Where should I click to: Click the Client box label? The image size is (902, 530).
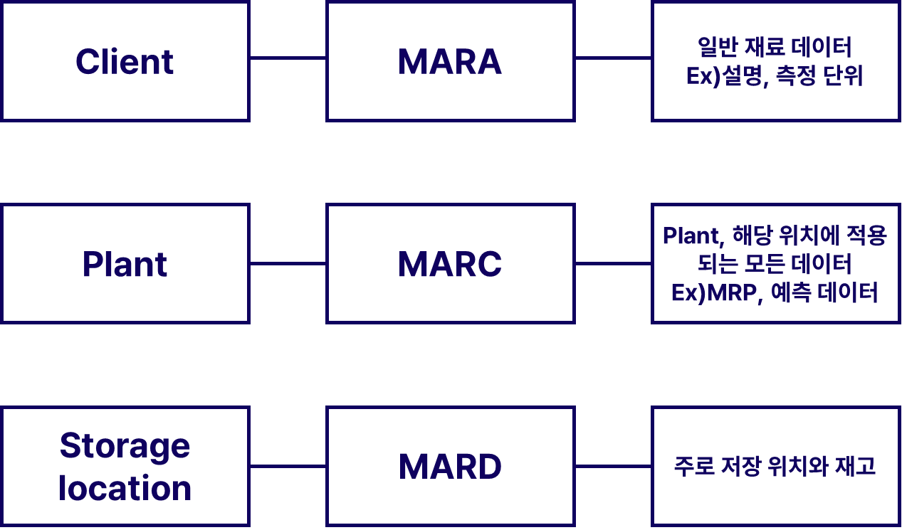coord(125,62)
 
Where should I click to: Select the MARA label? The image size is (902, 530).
coord(450,62)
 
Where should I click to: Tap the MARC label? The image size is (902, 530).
coord(450,265)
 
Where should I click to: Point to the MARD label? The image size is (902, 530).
coord(450,467)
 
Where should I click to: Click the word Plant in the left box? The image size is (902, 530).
coord(125,265)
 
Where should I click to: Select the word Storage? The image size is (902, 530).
coord(125,446)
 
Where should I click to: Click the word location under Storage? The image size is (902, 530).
coord(125,489)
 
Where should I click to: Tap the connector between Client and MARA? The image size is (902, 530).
coord(288,58)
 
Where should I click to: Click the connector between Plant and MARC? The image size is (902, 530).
coord(288,263)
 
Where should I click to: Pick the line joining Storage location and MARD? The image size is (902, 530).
coord(288,467)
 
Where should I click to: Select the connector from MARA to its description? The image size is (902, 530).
coord(613,58)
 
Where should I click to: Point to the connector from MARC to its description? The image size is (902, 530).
coord(613,263)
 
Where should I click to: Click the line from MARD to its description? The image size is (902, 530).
coord(613,467)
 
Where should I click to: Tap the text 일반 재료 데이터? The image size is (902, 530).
coord(775,48)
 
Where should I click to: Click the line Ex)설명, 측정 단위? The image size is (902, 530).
coord(775,76)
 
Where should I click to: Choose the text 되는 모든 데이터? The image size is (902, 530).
coord(775,264)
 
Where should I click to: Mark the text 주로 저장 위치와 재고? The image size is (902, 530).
coord(775,467)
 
